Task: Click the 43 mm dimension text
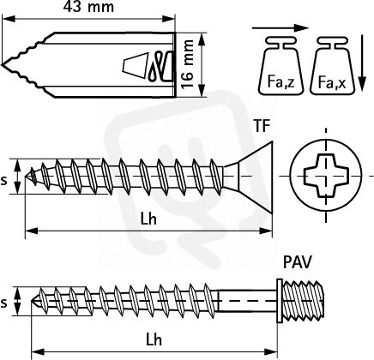coord(88,7)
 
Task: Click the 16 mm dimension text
coord(188,64)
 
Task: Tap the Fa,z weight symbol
coord(280,65)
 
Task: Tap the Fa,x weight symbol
coord(332,65)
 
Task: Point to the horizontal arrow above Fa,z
coord(280,28)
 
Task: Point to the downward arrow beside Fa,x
coord(362,63)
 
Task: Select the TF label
coord(262,126)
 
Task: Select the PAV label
coord(297,262)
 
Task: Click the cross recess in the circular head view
coord(326,175)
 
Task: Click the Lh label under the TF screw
coord(148,219)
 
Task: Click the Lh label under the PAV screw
coord(154,340)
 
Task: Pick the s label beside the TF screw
coord(3,181)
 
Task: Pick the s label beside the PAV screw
coord(3,303)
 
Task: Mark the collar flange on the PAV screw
coord(280,301)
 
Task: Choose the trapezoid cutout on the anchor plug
coord(135,65)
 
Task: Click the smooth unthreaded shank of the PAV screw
coord(247,301)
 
